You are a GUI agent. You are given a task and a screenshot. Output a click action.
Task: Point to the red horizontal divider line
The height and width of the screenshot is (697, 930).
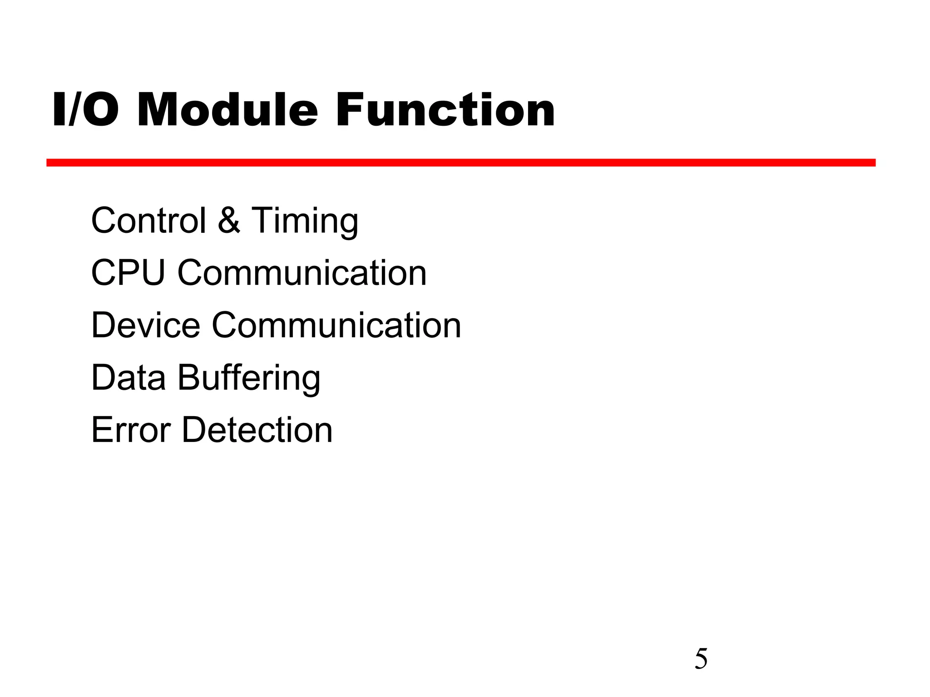[x=460, y=162]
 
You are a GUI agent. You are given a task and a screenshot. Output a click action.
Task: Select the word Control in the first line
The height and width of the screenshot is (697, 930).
[x=148, y=221]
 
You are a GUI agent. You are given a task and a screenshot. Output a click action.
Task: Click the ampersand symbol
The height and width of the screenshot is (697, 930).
[x=229, y=221]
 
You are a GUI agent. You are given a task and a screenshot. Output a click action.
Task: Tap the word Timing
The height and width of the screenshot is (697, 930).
[x=305, y=221]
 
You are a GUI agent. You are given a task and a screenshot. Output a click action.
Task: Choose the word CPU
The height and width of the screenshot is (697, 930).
[x=128, y=273]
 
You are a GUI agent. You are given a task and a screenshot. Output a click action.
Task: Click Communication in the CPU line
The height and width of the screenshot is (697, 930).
[x=302, y=273]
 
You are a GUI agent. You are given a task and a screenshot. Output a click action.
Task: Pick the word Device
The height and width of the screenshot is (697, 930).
[x=145, y=325]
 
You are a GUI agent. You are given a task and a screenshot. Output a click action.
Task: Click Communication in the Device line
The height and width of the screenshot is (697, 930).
[x=336, y=325]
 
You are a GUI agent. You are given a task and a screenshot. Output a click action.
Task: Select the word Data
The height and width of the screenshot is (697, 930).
[x=129, y=378]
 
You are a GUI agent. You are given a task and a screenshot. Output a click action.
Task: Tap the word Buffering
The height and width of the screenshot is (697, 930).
[x=249, y=378]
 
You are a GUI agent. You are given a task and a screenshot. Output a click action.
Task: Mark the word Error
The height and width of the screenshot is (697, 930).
[x=131, y=430]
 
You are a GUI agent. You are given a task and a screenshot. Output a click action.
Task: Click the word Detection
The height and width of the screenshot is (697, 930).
[x=257, y=430]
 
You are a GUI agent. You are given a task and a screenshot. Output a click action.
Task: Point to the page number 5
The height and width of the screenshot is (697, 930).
[x=701, y=659]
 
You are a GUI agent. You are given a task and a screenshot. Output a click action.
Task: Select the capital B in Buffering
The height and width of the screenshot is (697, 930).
[x=188, y=378]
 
